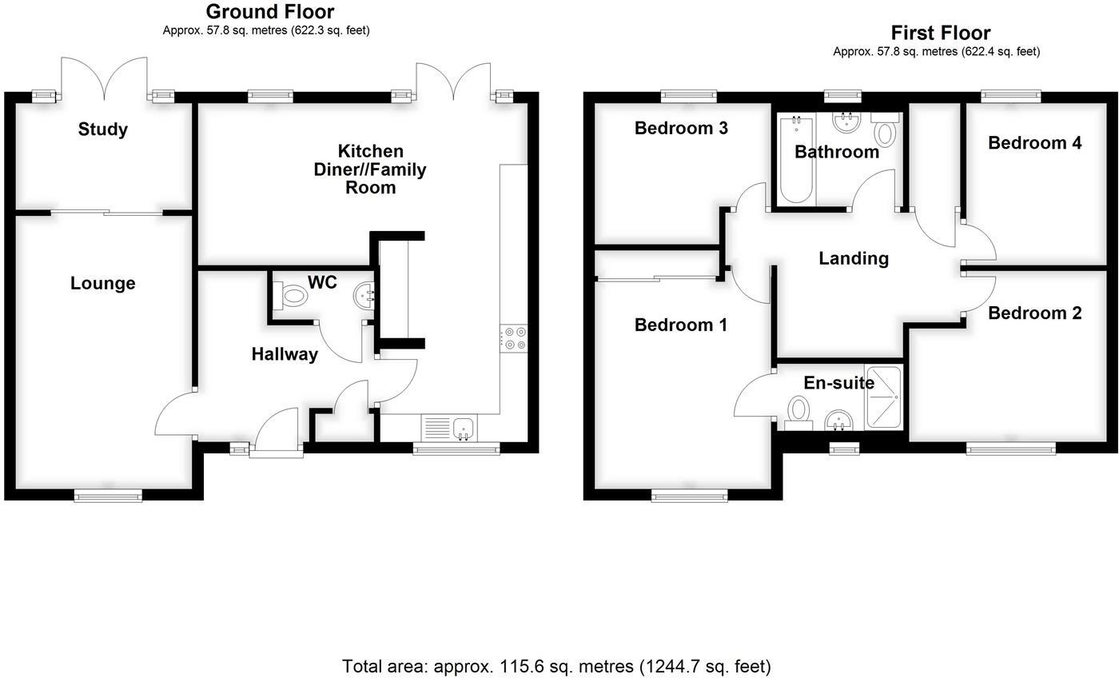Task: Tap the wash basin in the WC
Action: (x=364, y=297)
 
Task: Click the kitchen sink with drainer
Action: (x=448, y=428)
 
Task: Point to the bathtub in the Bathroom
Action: (x=796, y=158)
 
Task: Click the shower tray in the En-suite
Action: (x=883, y=397)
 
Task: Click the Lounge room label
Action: (x=102, y=283)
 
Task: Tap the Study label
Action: (x=102, y=130)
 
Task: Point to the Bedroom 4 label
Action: (x=1034, y=143)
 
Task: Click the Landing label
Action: (x=854, y=258)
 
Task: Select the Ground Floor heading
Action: (x=269, y=12)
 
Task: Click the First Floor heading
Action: (x=940, y=33)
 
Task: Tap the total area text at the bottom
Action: (x=556, y=666)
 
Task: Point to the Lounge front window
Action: (x=108, y=497)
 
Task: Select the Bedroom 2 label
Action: (x=1034, y=313)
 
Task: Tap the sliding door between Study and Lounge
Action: (x=106, y=213)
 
